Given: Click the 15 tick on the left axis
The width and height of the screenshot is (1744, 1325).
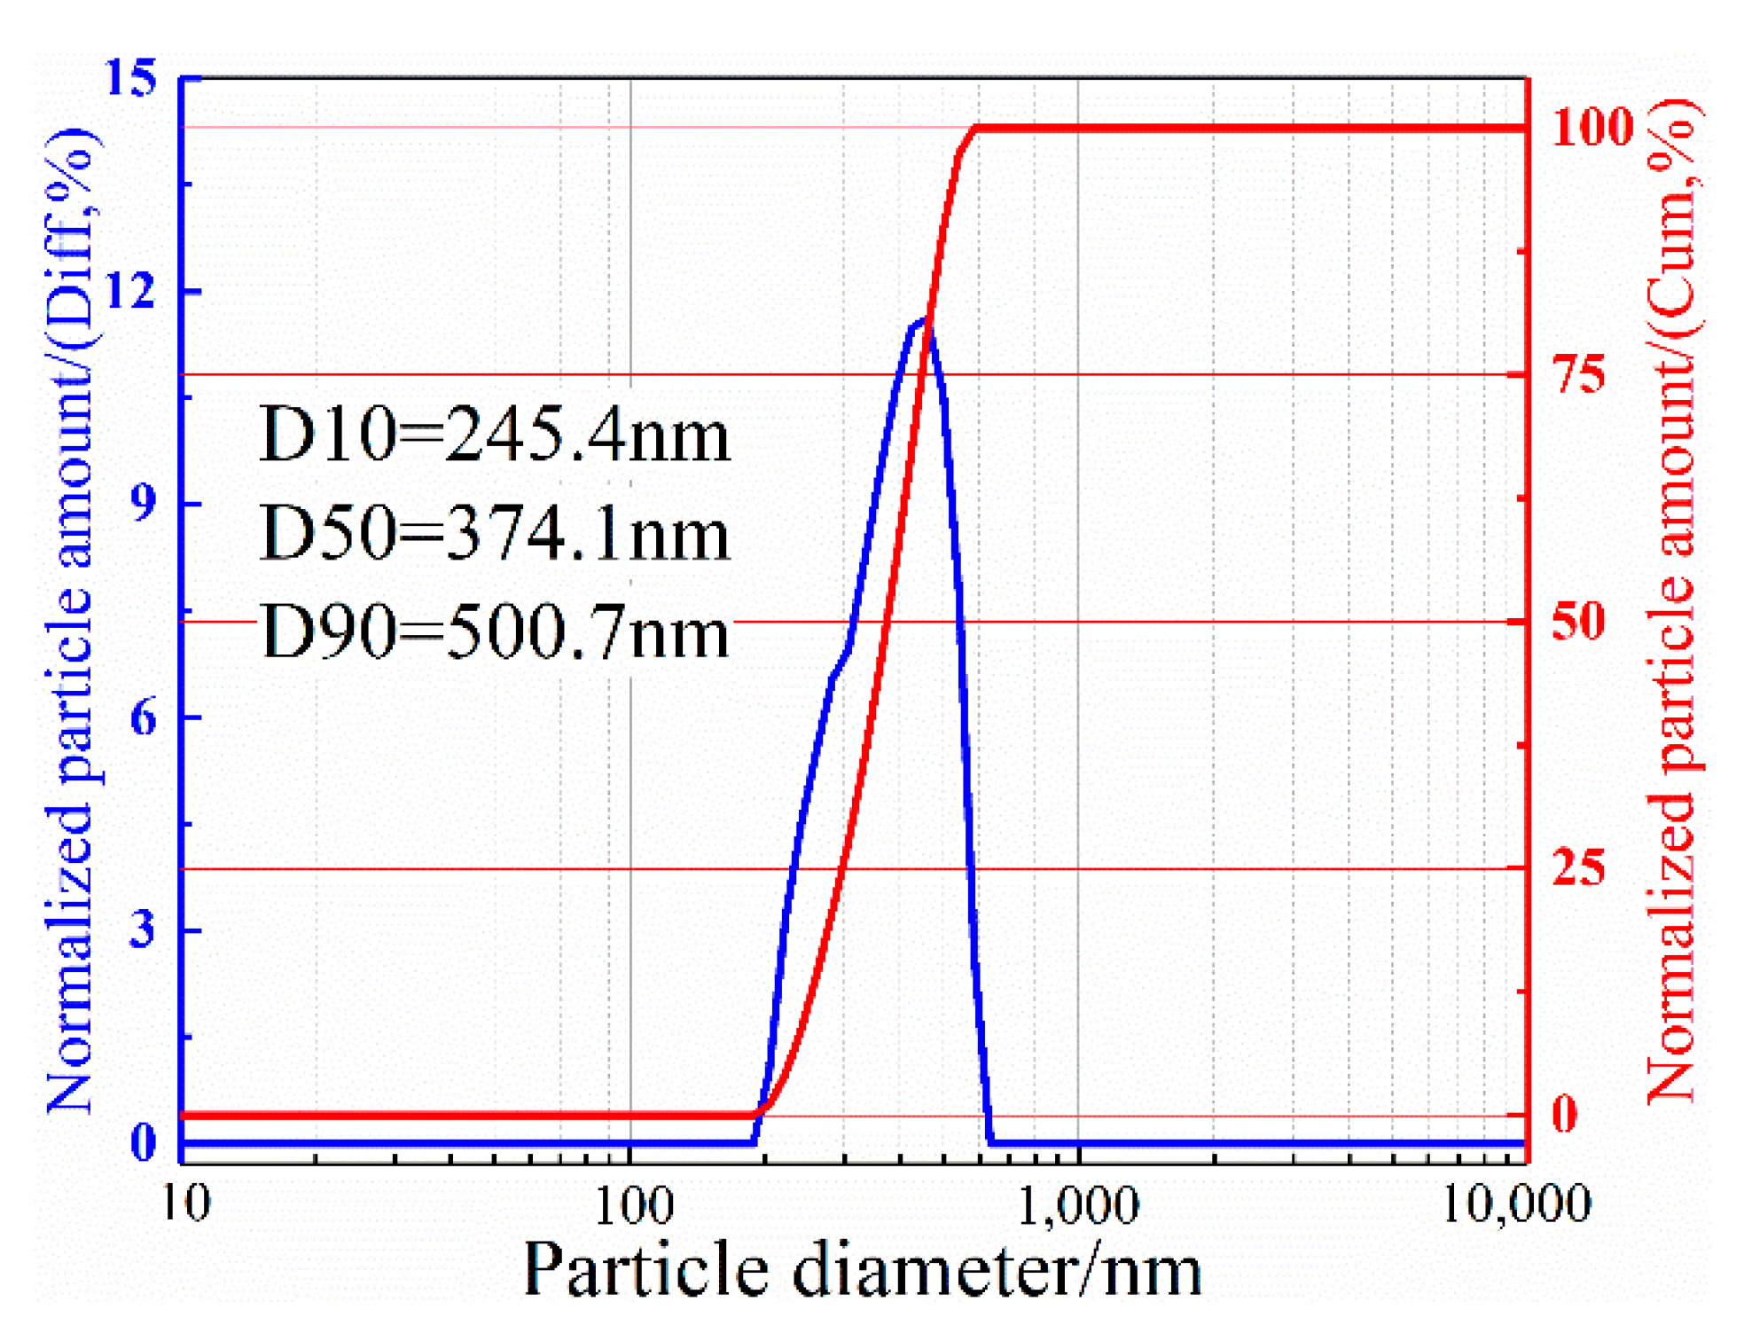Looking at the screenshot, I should (x=131, y=78).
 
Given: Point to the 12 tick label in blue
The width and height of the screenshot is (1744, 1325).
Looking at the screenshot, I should (x=131, y=290).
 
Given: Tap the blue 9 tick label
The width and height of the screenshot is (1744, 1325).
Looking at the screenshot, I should (x=143, y=503).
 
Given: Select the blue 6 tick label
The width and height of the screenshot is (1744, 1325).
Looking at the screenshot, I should (x=143, y=717).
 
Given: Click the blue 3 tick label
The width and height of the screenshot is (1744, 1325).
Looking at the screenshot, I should (x=143, y=929).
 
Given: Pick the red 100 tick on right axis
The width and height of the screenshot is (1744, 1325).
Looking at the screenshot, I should (x=1592, y=127).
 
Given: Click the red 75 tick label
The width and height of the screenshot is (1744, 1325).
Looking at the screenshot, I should (x=1579, y=374).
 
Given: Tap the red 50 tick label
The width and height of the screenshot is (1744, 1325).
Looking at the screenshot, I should (x=1579, y=621).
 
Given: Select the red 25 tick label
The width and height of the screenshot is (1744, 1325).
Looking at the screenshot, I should (x=1579, y=867).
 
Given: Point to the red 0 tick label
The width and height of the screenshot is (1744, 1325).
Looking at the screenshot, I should (x=1565, y=1114).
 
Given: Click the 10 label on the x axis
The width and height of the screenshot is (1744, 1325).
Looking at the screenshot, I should (x=186, y=1204).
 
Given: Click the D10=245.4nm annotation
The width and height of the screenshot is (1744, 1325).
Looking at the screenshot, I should (x=494, y=435).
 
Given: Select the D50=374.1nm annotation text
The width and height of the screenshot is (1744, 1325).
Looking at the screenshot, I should (x=494, y=534).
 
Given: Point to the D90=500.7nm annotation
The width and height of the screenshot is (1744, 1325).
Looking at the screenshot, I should (x=494, y=631).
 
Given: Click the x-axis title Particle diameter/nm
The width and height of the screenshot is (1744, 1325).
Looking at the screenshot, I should (x=862, y=1270).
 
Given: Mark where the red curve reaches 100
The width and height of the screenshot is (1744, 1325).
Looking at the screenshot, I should (x=976, y=129).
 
